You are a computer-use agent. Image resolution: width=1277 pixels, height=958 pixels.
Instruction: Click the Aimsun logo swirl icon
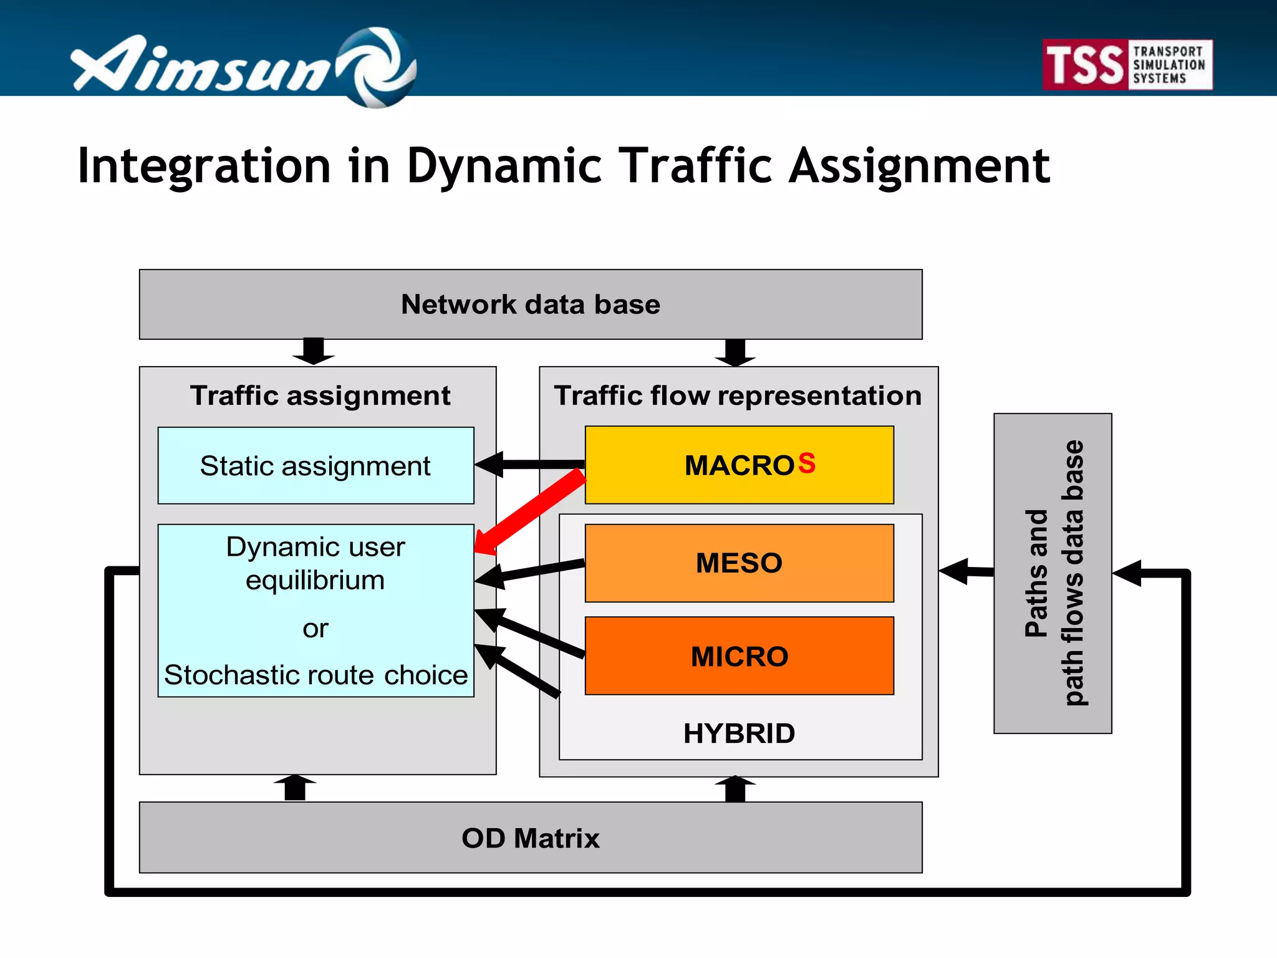378,67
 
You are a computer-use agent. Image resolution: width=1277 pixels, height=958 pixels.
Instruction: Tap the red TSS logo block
1085,65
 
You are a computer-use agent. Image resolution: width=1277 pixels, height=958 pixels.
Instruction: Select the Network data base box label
530,304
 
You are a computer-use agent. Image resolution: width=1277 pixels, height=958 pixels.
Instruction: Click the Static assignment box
316,466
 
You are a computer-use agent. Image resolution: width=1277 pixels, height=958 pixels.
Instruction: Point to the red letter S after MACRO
806,463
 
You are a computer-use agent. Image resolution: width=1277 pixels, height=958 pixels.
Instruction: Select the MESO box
739,563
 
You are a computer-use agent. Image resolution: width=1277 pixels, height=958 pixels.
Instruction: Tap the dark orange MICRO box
739,656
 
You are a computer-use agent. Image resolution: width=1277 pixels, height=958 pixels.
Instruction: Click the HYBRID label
739,733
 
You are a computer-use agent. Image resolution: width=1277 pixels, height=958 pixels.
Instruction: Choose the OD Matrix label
530,838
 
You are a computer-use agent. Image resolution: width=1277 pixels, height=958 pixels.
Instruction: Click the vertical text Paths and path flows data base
1053,573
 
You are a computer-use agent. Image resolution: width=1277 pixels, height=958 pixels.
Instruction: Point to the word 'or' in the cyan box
316,629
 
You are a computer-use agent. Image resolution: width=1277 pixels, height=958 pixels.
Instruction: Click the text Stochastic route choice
316,675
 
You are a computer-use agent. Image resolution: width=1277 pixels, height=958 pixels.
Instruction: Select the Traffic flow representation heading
738,395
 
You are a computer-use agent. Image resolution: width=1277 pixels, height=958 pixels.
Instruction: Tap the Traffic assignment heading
320,395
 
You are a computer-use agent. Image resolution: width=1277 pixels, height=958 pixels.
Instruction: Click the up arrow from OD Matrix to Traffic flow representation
735,789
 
